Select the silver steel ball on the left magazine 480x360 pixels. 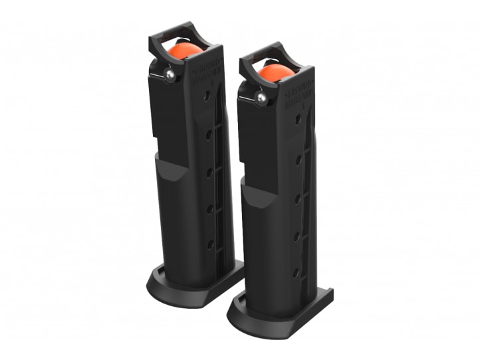[172, 76]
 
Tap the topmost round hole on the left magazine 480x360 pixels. [207, 96]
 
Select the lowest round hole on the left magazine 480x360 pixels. [210, 244]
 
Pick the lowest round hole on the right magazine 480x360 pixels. [295, 272]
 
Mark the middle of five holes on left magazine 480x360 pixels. [209, 172]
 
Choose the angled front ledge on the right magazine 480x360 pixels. [256, 193]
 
